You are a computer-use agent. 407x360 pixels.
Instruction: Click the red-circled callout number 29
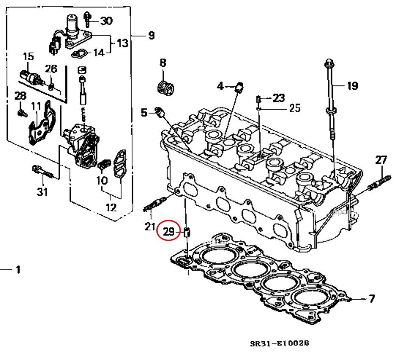169,231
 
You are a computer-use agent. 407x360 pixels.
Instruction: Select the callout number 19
352,86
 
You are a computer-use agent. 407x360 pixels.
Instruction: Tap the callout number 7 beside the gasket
371,299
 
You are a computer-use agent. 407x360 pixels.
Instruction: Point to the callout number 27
381,160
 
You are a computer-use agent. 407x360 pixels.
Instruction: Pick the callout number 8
163,64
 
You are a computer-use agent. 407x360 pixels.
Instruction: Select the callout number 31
42,192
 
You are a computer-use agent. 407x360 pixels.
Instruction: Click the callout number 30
106,20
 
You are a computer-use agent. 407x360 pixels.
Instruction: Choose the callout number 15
28,56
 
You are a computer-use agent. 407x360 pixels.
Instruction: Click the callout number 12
111,208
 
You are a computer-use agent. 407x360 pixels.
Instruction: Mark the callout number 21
150,227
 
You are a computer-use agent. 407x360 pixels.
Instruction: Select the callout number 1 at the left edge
17,269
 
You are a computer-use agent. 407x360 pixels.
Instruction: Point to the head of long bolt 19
329,64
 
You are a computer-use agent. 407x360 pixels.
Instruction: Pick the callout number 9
151,36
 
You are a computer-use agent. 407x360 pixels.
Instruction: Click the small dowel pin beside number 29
188,232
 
